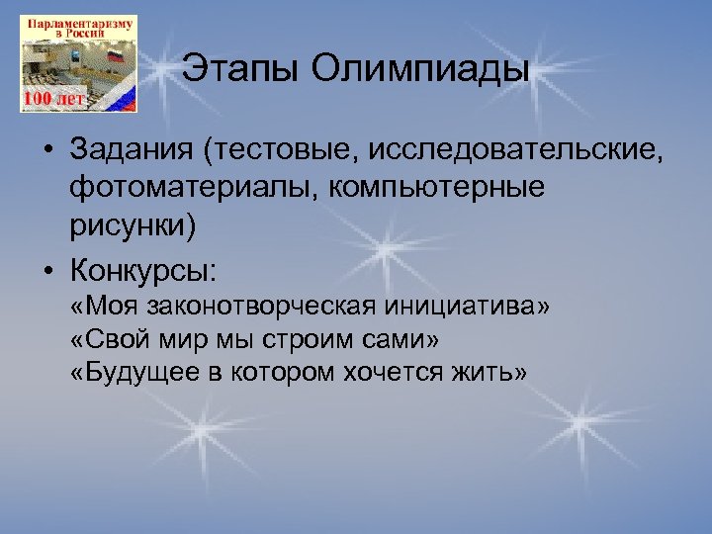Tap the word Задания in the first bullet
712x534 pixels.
tap(132, 152)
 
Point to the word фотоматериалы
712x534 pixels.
tap(186, 188)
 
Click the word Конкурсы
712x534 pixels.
tap(142, 270)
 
